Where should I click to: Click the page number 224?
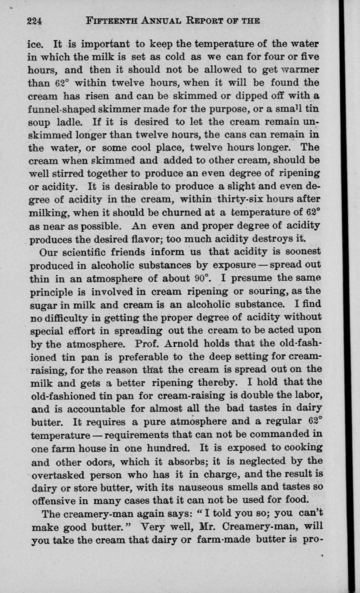coord(34,21)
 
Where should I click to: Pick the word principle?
coord(51,290)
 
